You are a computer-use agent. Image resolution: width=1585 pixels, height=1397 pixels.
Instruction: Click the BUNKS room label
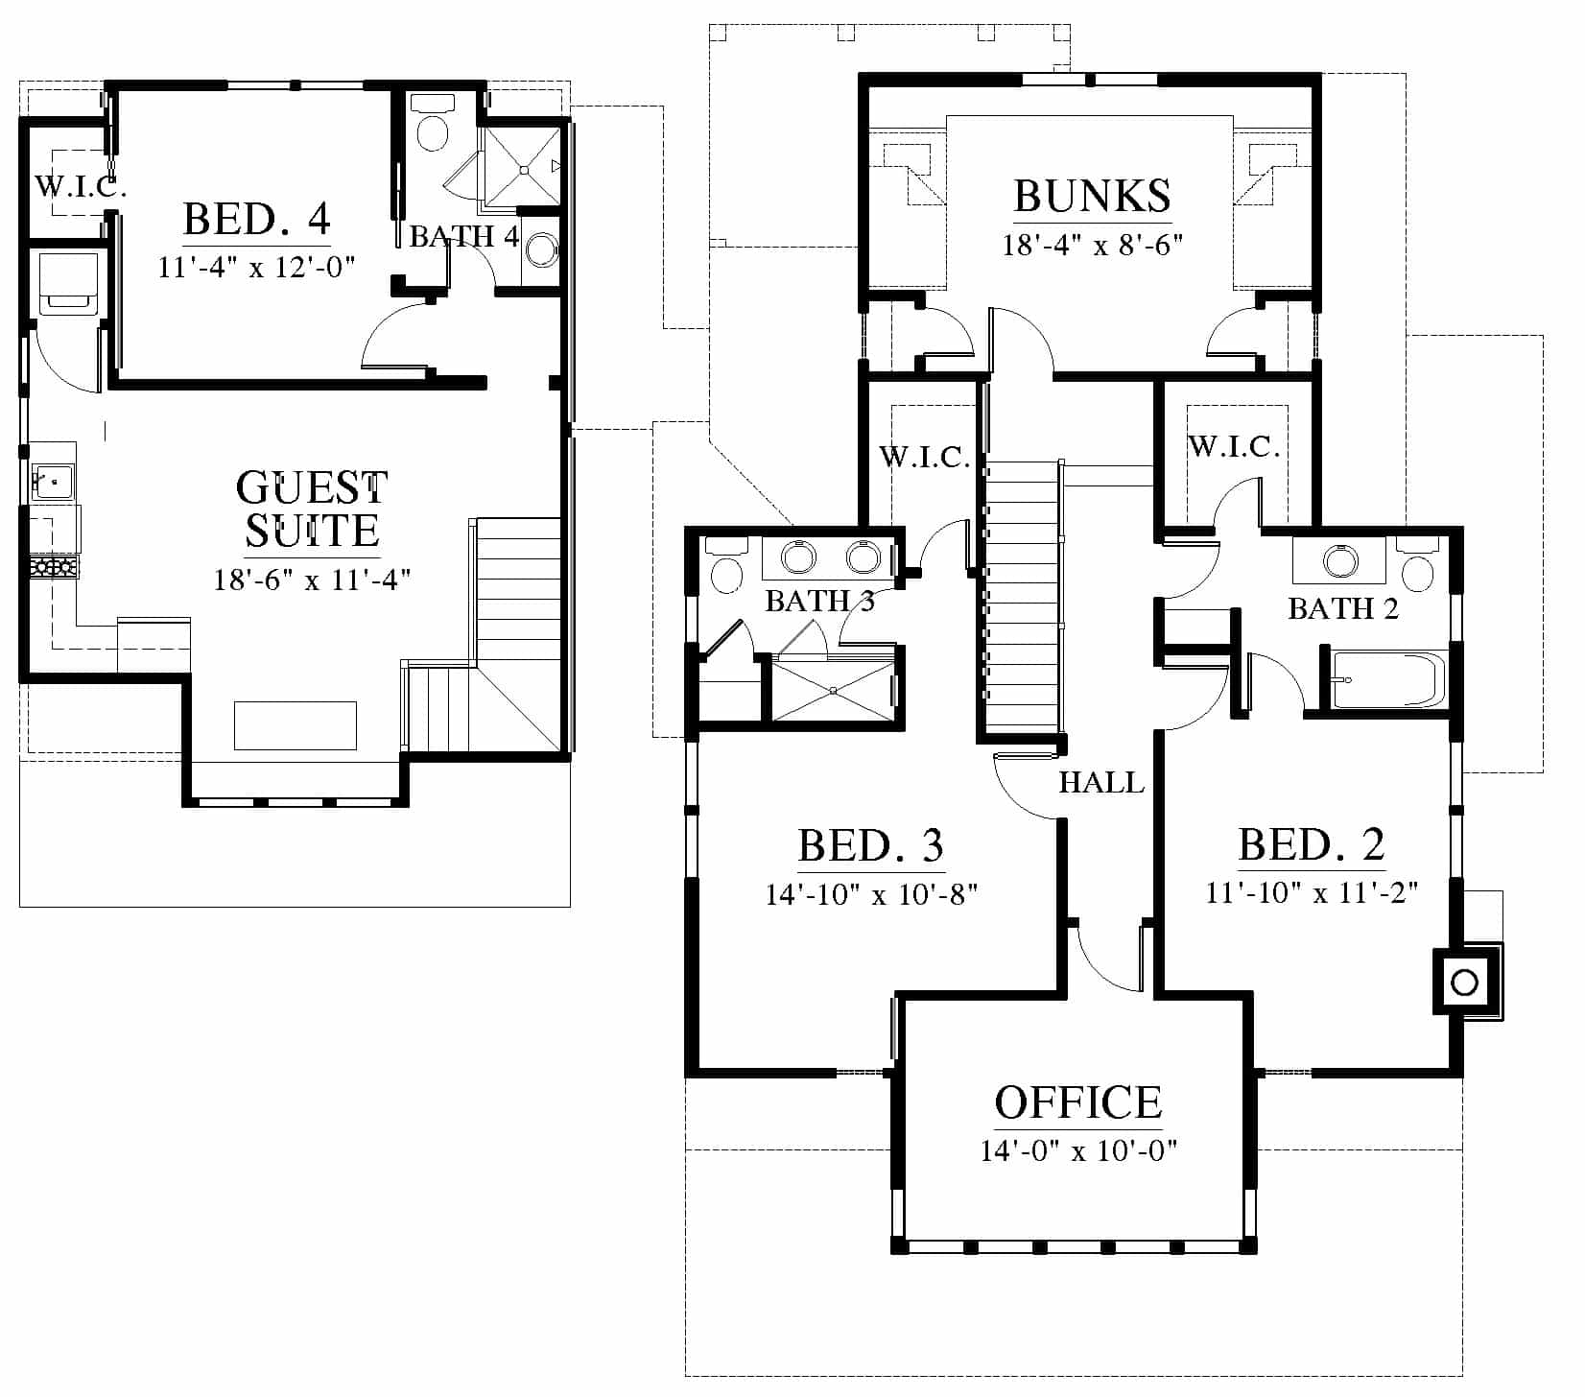click(1092, 196)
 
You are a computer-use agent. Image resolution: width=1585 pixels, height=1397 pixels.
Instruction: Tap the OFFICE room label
click(1078, 1103)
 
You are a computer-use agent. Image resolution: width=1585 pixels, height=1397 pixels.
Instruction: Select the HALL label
click(1101, 783)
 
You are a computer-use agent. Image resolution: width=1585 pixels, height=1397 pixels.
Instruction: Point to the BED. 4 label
click(257, 219)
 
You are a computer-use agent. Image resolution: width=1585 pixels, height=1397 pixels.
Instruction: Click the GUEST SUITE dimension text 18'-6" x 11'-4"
click(312, 580)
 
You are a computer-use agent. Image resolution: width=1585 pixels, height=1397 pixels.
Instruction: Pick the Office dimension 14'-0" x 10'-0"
click(1078, 1149)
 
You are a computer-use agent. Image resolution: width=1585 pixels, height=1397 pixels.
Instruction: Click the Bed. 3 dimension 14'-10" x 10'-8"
click(871, 894)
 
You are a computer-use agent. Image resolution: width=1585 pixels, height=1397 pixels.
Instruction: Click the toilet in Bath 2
click(1417, 566)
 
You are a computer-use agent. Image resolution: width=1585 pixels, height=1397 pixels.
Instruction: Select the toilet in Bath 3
click(726, 566)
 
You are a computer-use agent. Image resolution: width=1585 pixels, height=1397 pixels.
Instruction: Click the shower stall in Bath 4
click(522, 167)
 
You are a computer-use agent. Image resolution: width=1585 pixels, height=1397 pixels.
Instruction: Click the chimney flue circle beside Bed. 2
click(1463, 983)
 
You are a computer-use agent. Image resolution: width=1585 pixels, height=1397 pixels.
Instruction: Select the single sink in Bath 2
click(1339, 558)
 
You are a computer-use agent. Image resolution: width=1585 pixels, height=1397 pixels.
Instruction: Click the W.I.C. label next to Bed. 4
click(81, 185)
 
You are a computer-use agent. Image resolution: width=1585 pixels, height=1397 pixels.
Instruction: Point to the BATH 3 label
click(820, 602)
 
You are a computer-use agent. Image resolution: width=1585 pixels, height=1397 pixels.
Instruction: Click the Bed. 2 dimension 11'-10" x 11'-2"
click(1312, 892)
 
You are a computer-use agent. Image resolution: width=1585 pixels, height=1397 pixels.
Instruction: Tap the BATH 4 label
click(464, 236)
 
